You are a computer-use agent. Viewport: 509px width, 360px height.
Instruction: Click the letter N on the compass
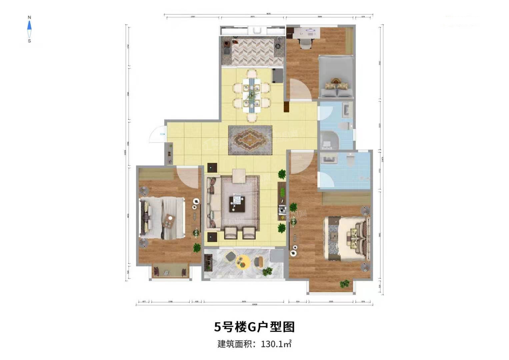pos(29,17)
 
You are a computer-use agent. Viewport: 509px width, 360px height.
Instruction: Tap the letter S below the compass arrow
pos(29,41)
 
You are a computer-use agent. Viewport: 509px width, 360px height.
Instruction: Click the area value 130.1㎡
pos(276,344)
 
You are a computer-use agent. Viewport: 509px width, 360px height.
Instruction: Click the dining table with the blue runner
pos(251,95)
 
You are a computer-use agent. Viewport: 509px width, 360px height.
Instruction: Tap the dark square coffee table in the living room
pos(237,204)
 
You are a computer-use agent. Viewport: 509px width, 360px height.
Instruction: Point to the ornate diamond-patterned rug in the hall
pos(250,140)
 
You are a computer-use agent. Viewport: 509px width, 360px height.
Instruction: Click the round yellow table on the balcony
pos(243,261)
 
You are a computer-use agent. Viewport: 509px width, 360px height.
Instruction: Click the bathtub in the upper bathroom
pos(329,140)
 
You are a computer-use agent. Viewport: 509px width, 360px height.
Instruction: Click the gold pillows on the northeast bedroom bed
pos(337,84)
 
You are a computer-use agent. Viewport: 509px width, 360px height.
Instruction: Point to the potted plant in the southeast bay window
pos(344,284)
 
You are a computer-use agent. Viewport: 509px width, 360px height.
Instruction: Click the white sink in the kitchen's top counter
pos(257,31)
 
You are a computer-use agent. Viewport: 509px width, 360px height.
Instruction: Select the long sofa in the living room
pos(212,203)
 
